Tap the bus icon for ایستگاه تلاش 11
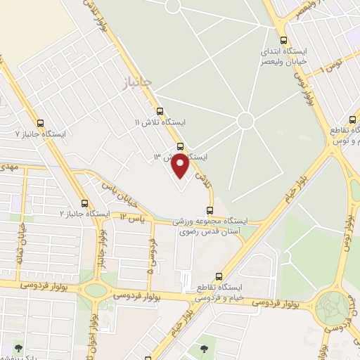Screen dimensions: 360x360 pyautogui.click(x=160, y=111)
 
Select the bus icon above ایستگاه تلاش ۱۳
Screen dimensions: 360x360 pyautogui.click(x=181, y=146)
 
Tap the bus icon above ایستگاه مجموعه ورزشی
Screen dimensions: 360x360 pyautogui.click(x=210, y=210)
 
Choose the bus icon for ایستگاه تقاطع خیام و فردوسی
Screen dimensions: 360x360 pyautogui.click(x=219, y=276)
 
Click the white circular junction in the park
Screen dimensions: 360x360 pyautogui.click(x=245, y=121)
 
